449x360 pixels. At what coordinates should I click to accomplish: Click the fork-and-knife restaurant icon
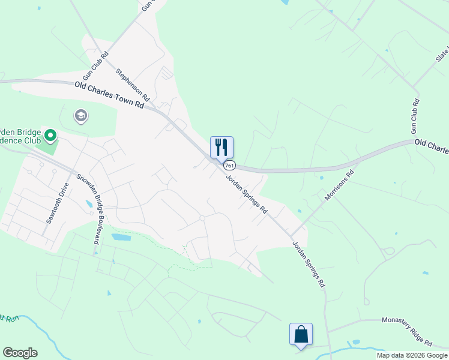[x=221, y=146]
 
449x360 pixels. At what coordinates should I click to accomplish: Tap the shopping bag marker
[x=301, y=334]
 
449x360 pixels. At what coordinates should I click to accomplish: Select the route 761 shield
[x=229, y=165]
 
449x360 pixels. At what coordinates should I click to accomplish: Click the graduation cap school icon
[x=80, y=115]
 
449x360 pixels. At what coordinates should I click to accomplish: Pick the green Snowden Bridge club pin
[x=51, y=137]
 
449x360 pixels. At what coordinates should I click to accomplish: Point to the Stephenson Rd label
[x=133, y=83]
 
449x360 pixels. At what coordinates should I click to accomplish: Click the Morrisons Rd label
[x=340, y=185]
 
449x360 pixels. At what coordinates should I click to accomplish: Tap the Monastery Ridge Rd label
[x=407, y=331]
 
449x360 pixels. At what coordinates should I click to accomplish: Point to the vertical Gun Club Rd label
[x=415, y=116]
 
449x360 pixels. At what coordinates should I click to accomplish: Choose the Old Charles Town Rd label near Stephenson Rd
[x=110, y=95]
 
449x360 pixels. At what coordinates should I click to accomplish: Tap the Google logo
[x=20, y=353]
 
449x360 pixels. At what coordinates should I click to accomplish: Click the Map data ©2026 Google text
[x=412, y=355]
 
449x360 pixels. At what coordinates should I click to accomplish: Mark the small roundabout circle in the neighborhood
[x=202, y=218]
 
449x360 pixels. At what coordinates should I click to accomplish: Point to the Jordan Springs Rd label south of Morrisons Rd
[x=308, y=264]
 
